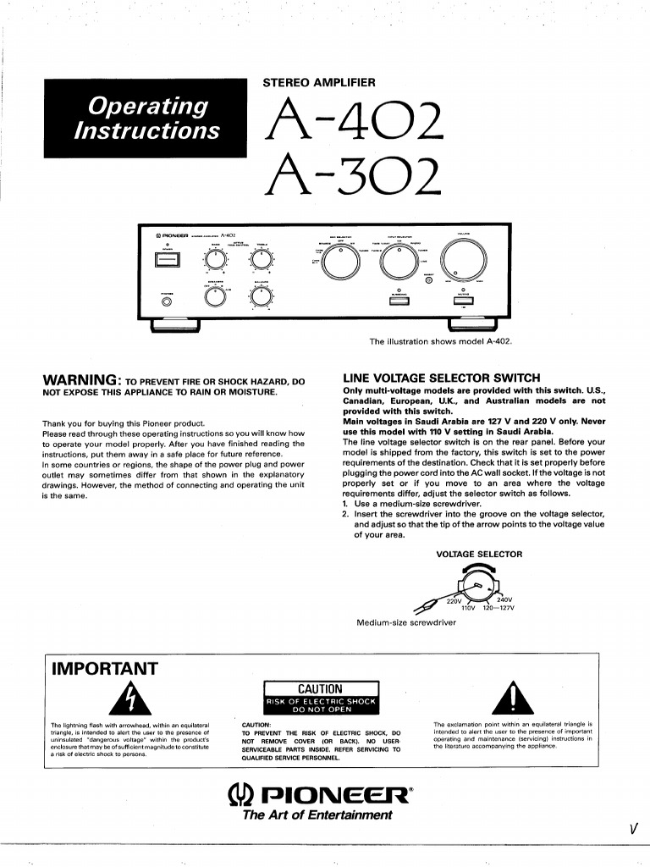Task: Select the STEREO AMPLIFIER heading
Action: coord(320,82)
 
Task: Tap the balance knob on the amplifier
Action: coord(260,296)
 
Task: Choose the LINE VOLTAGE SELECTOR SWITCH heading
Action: coord(441,378)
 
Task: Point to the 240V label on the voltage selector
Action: coord(504,599)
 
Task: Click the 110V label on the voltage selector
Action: coord(469,608)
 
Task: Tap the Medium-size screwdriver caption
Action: coord(406,622)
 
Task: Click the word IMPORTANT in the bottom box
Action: coord(105,669)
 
